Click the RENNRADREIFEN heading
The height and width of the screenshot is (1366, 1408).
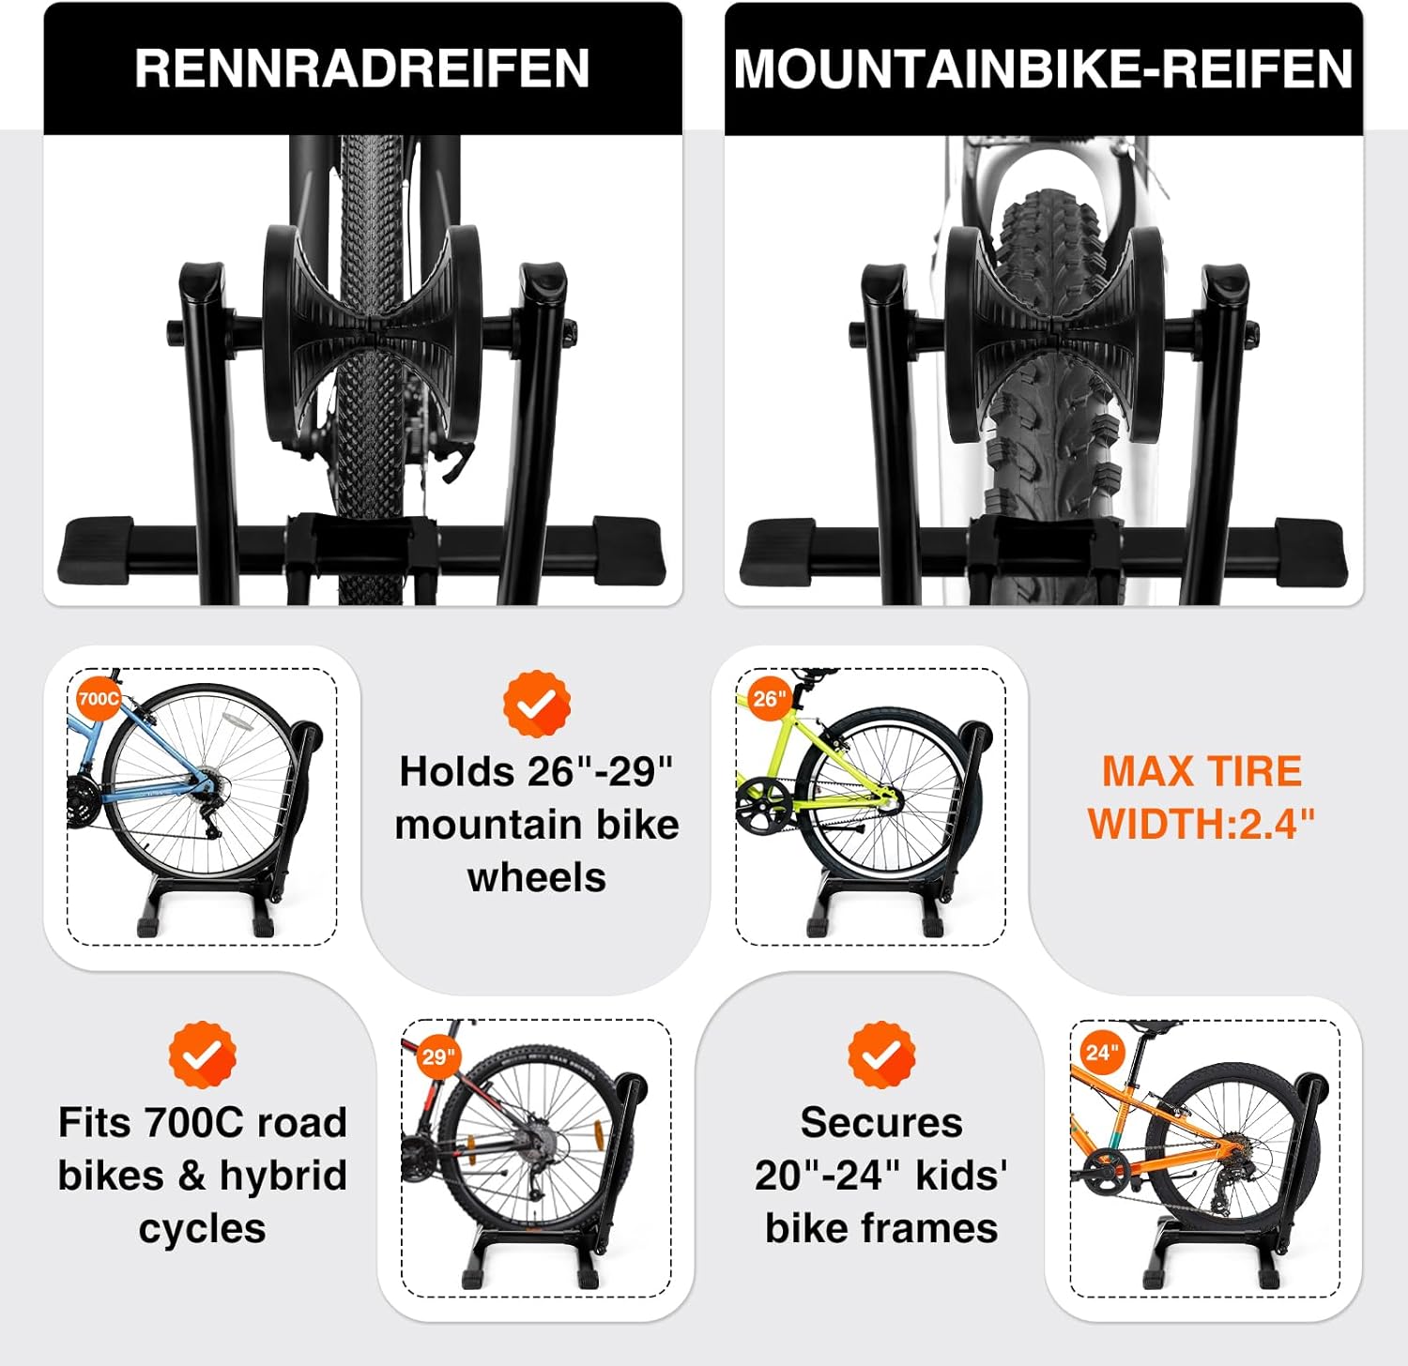click(x=362, y=68)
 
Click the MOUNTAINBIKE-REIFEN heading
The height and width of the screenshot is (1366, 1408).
click(x=1043, y=68)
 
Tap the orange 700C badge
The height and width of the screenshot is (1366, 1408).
click(x=98, y=699)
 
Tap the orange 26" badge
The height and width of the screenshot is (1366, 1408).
click(x=769, y=699)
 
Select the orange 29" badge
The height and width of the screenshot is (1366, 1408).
click(x=437, y=1057)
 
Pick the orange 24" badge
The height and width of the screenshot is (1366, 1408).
click(x=1101, y=1053)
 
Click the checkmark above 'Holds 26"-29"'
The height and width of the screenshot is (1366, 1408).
click(x=536, y=705)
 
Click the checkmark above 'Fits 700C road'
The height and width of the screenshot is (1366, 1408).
click(x=202, y=1055)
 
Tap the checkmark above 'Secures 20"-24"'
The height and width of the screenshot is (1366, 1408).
click(x=881, y=1055)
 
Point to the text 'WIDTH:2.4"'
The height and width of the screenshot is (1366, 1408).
click(x=1201, y=824)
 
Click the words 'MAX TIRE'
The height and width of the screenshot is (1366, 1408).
click(x=1201, y=771)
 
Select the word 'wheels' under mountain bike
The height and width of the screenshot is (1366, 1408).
click(x=536, y=877)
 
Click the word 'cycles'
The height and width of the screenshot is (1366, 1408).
click(x=202, y=1228)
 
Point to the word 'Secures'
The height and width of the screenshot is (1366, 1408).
click(x=881, y=1122)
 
